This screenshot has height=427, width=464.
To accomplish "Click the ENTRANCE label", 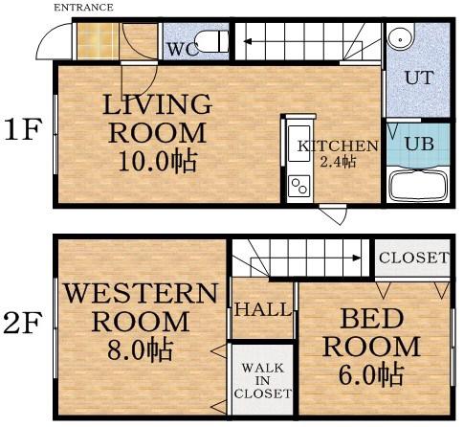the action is pyautogui.click(x=83, y=8).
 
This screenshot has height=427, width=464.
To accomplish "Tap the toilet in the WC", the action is pyautogui.click(x=211, y=41).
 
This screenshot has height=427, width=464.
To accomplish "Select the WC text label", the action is pyautogui.click(x=182, y=50).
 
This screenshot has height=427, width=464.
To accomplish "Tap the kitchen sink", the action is pyautogui.click(x=298, y=144).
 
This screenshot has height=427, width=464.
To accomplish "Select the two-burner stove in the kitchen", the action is pyautogui.click(x=298, y=186).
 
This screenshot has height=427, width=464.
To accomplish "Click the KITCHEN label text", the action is pyautogui.click(x=338, y=146).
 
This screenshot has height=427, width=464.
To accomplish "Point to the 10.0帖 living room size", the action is pyautogui.click(x=157, y=162).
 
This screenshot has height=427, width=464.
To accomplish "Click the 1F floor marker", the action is pyautogui.click(x=23, y=129).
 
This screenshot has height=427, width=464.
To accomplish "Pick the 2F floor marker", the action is pyautogui.click(x=23, y=323).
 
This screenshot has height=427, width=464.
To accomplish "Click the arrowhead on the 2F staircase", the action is pyautogui.click(x=357, y=258).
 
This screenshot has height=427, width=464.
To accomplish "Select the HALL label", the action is pyautogui.click(x=263, y=309).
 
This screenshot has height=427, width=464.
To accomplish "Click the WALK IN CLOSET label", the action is pyautogui.click(x=263, y=381).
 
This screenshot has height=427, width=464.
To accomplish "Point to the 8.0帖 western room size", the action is pyautogui.click(x=141, y=350).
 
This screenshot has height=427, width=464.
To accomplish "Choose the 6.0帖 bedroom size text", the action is pyautogui.click(x=371, y=375).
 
